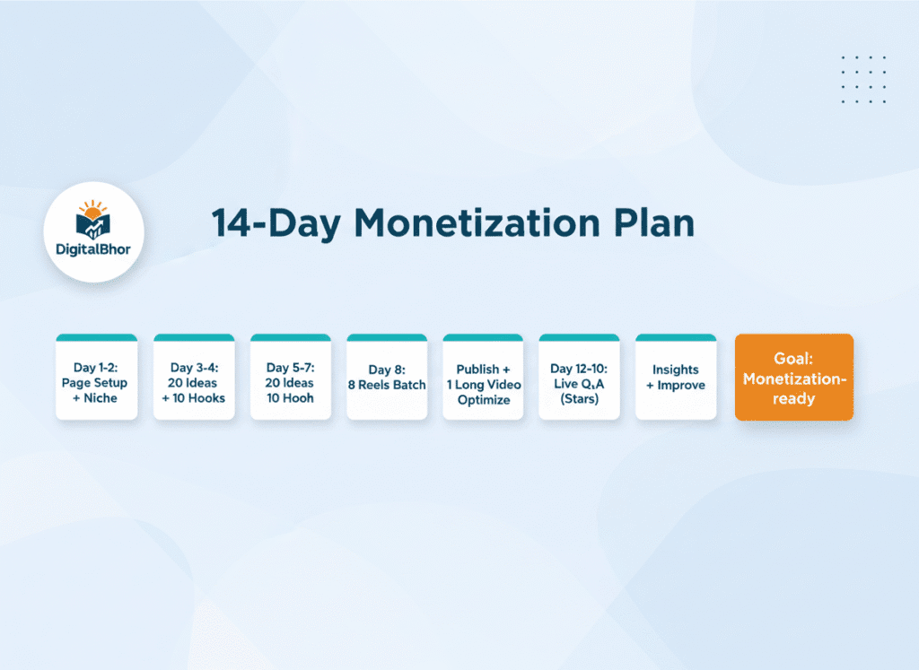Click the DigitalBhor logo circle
pos(93,231)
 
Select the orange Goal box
pos(793,378)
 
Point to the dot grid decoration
pos(863,80)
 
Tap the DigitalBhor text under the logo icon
pos(93,248)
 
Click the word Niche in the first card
pos(100,398)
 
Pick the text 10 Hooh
pos(290,398)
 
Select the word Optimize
pos(483,400)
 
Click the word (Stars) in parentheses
pos(579,399)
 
